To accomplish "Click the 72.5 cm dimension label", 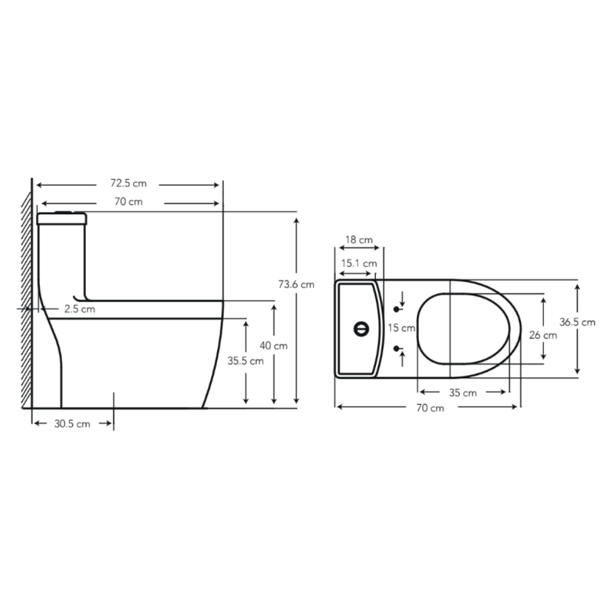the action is (128, 183).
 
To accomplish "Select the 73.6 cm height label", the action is (296, 285).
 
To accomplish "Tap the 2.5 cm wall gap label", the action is (80, 309).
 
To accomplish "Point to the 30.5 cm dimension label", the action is (72, 424).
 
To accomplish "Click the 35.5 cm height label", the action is (246, 361).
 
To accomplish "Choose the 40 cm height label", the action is (273, 346).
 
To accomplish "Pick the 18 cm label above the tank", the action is (359, 240).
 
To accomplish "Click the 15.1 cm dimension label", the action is (359, 263).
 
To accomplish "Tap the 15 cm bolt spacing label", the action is (402, 328).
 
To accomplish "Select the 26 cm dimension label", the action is (543, 335).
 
